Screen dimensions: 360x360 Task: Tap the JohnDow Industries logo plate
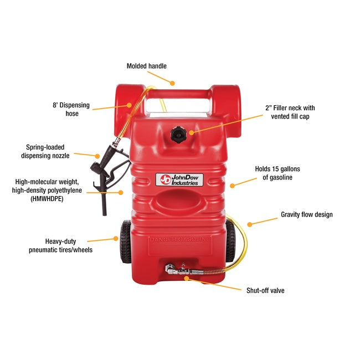[x=179, y=179]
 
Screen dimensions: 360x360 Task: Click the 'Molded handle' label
[x=146, y=66]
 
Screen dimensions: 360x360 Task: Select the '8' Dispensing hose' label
[x=71, y=109]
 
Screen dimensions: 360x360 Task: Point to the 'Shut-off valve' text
[x=265, y=290]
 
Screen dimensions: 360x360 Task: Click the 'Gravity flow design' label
[x=306, y=214]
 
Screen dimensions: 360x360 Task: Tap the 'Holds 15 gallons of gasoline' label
[x=277, y=173]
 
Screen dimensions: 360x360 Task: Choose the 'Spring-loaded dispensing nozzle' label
[x=45, y=151]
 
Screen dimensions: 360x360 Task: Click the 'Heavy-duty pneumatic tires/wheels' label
[x=60, y=245]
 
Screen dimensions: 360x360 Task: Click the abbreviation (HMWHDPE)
[x=47, y=199]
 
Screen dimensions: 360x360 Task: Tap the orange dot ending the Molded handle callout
[x=172, y=83]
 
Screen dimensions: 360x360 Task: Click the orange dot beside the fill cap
[x=191, y=132]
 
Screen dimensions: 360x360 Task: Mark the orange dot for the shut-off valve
[x=187, y=278]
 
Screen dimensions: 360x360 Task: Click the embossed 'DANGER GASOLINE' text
[x=180, y=239]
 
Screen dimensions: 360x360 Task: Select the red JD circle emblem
[x=165, y=179]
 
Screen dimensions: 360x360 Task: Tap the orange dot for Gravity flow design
[x=250, y=224]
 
